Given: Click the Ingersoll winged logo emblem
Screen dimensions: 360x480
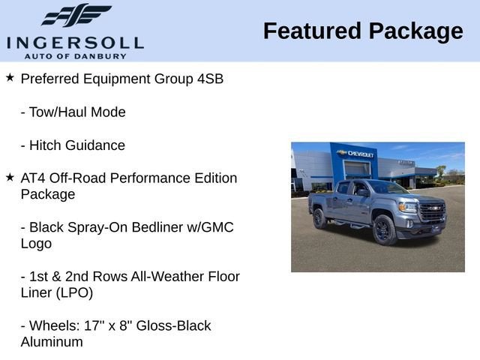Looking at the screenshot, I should point(75,15).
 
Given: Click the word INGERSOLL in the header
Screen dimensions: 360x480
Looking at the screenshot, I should point(74,42).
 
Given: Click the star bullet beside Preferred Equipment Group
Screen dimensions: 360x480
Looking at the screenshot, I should point(10,78).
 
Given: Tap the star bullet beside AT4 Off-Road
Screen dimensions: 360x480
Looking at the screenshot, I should point(10,178).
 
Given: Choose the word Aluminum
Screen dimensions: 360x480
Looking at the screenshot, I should point(52,343).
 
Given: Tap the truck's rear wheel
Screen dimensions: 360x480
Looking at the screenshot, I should point(319,218).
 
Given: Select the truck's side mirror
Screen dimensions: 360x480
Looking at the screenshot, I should point(363,193).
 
